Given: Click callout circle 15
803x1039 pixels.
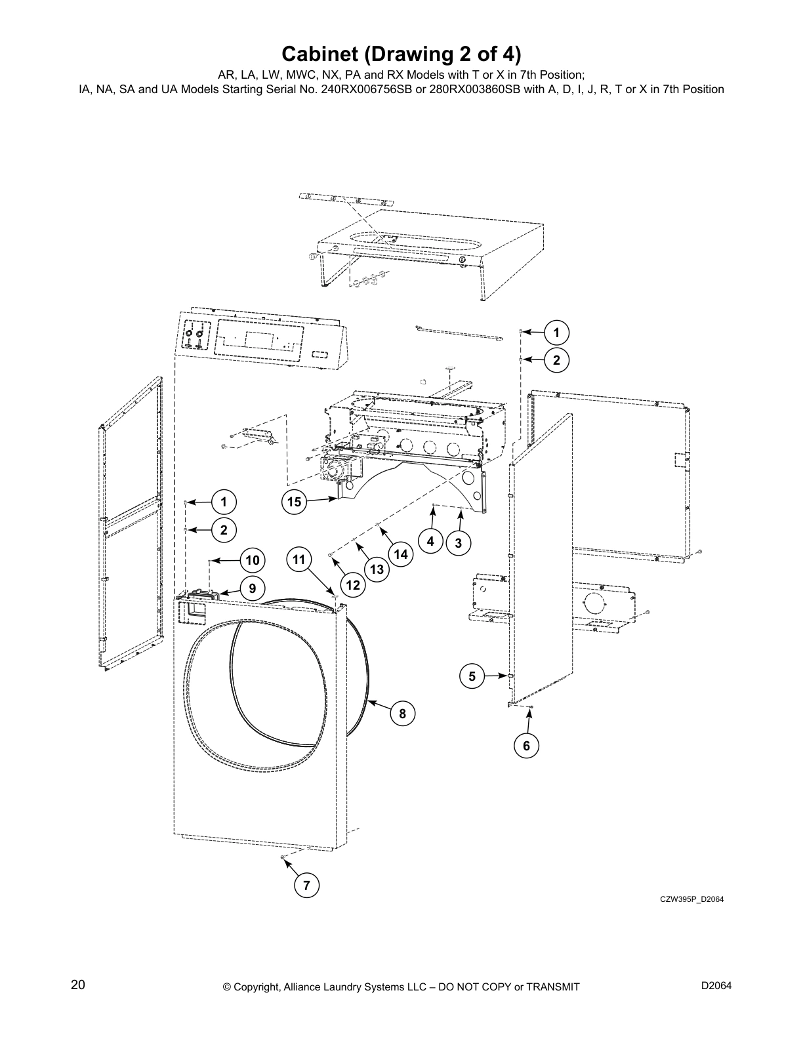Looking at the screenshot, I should point(294,502).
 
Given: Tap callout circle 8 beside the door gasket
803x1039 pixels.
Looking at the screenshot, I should point(402,714).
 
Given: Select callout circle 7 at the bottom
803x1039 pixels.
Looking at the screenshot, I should point(306,886).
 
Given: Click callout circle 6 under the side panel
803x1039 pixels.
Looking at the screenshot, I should point(526,746).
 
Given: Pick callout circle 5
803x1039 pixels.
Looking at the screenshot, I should point(472,676).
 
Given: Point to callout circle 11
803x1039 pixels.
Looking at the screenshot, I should point(299,560).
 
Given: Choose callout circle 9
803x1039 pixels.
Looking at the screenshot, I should point(252,588).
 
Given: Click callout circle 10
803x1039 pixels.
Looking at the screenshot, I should point(252,560).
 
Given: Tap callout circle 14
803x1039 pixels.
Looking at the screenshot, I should point(400,555).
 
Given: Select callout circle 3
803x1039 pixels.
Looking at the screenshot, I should point(458,543).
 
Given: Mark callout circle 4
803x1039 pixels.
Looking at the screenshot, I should point(430,542).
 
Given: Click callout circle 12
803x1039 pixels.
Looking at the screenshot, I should point(353,584).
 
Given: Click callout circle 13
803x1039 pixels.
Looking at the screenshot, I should point(377,569).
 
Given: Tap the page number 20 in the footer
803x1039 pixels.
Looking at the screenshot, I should point(78,985).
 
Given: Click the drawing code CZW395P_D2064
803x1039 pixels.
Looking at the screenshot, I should point(691,899).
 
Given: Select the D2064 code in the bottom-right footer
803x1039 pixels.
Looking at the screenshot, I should point(716,986).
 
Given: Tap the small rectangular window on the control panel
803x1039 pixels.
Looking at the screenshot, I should point(319,354).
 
